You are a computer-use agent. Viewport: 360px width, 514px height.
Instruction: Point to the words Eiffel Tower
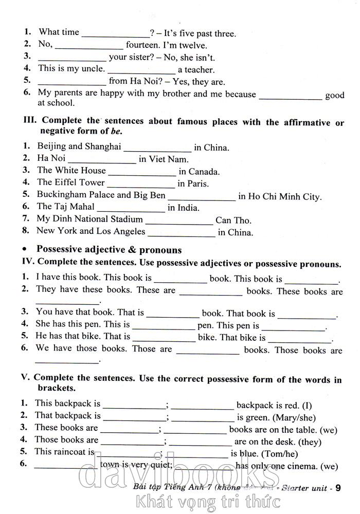tap(78, 182)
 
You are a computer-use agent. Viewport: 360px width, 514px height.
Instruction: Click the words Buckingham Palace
tap(76, 195)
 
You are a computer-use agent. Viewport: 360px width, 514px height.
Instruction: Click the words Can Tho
tap(233, 220)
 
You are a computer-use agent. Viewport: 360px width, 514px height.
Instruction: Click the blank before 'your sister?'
tap(72, 59)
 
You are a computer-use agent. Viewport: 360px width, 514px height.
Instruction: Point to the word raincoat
tap(73, 452)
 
